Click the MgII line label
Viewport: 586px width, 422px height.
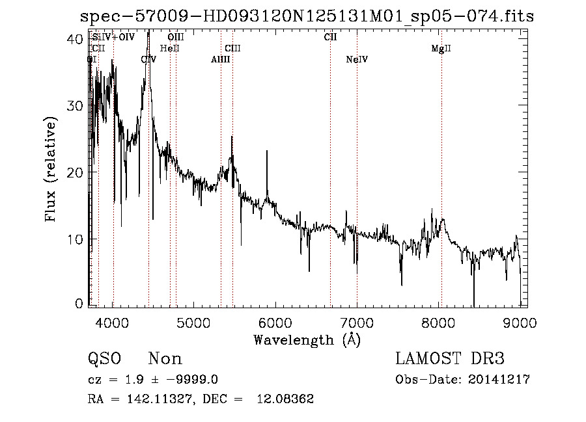tap(441, 49)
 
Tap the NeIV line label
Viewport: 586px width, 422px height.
tap(357, 60)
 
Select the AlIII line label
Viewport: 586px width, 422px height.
tap(220, 60)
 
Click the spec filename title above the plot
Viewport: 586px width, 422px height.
tap(306, 16)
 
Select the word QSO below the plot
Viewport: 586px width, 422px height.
tap(104, 359)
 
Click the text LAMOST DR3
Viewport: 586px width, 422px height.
tap(450, 359)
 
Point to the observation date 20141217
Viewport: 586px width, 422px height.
tap(499, 380)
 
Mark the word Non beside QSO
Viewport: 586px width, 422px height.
tap(165, 359)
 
